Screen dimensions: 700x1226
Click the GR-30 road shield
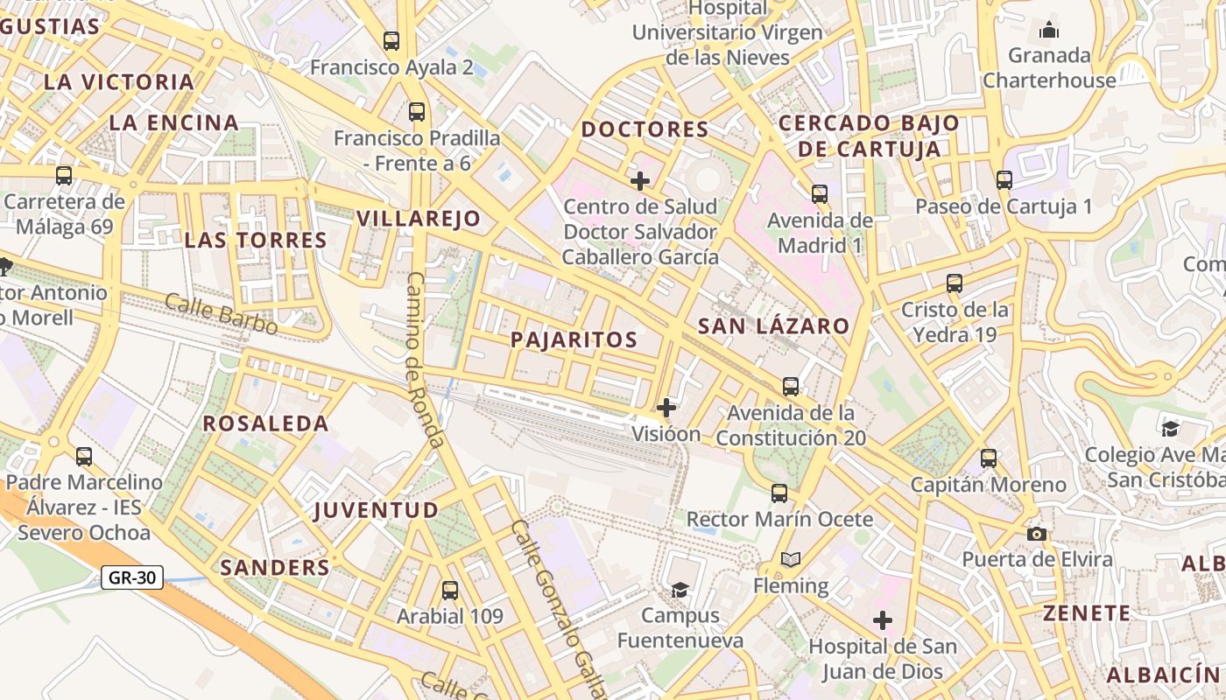132,577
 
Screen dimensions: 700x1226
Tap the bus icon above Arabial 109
450,591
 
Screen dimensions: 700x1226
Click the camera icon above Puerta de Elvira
1037,534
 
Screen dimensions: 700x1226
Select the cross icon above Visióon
666,408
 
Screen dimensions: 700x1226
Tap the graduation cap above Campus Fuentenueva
680,590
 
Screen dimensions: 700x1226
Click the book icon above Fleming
791,560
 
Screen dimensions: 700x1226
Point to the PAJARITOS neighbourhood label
574,340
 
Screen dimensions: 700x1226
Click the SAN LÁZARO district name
773,326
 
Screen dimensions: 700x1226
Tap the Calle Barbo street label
221,315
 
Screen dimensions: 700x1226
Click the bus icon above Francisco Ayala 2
391,40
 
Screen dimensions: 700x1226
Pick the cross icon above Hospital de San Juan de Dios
883,621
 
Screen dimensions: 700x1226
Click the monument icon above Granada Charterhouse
1049,31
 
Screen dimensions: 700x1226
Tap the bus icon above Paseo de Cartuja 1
1004,180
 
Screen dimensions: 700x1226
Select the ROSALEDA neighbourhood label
266,423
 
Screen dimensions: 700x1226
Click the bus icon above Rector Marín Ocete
779,493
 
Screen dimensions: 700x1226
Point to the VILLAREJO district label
419,219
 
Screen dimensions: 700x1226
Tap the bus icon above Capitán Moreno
989,458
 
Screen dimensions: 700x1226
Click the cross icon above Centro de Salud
640,181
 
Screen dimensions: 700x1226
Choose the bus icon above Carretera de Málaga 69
64,176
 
